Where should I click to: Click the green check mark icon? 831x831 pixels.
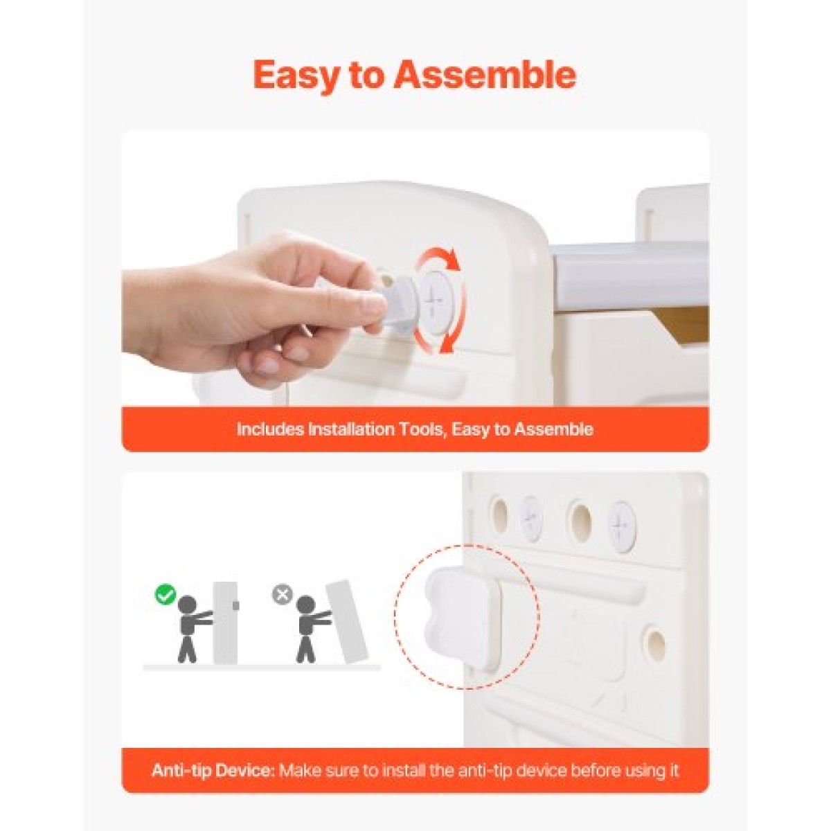tap(166, 595)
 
